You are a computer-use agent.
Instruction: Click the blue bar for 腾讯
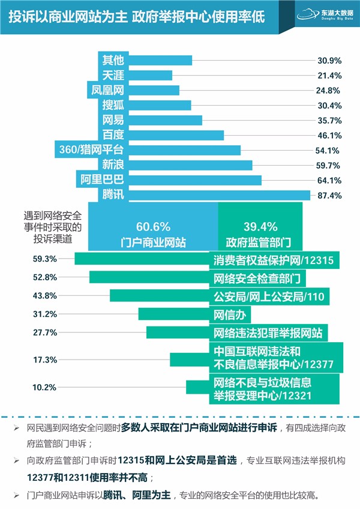[x=219, y=195]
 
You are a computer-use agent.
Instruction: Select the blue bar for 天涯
[x=150, y=76]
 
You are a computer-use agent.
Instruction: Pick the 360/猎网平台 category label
[x=89, y=149]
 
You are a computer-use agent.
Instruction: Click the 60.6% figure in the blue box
[x=153, y=227]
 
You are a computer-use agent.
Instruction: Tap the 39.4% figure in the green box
[x=260, y=227]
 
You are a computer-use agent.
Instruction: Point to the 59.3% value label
[x=46, y=259]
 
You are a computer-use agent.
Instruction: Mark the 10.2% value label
[x=46, y=387]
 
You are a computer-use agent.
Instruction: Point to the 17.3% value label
[x=46, y=360]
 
